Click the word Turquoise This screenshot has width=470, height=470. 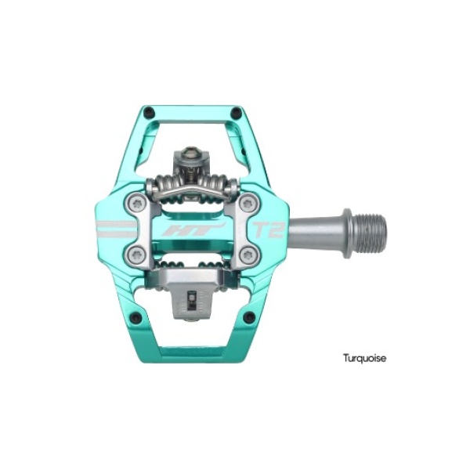coord(364,358)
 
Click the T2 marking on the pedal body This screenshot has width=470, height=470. coord(268,230)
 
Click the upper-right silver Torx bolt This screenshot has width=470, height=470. coord(249,204)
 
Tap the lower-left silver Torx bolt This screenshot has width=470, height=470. coord(136,255)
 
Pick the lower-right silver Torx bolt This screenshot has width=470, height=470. coord(249,255)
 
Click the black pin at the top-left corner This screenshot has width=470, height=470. coord(149,113)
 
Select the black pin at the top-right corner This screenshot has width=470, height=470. coord(237,113)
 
